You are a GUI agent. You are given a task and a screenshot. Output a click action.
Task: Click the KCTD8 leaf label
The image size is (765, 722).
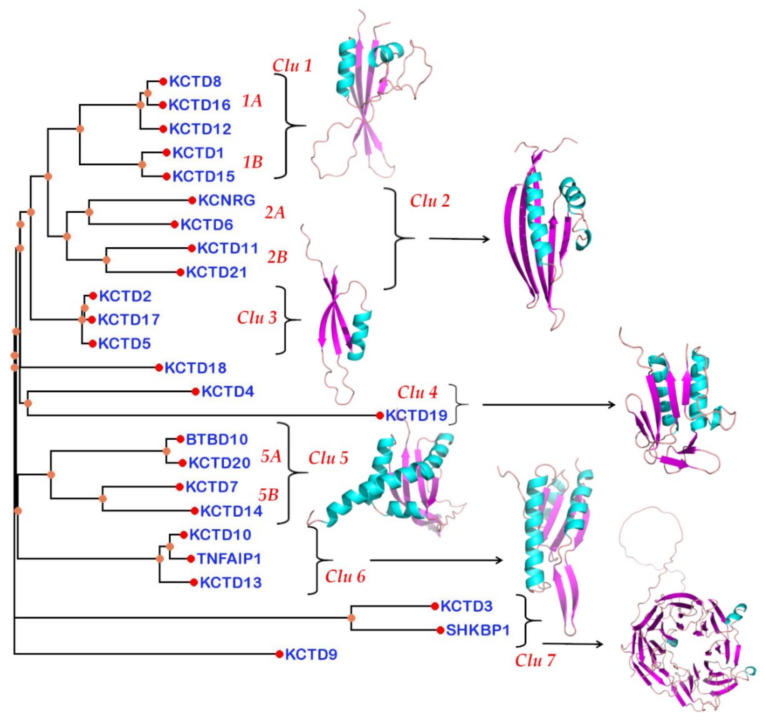click(195, 82)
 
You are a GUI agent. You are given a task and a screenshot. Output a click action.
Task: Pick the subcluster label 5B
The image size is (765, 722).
click(268, 495)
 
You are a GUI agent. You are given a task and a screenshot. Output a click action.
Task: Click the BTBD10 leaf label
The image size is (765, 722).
click(217, 439)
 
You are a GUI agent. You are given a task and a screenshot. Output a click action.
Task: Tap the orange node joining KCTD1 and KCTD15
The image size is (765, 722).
click(142, 165)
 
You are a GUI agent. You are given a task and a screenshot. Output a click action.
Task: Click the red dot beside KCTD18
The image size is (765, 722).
click(159, 367)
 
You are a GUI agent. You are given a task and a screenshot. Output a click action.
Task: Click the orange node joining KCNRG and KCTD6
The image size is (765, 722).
click(89, 212)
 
